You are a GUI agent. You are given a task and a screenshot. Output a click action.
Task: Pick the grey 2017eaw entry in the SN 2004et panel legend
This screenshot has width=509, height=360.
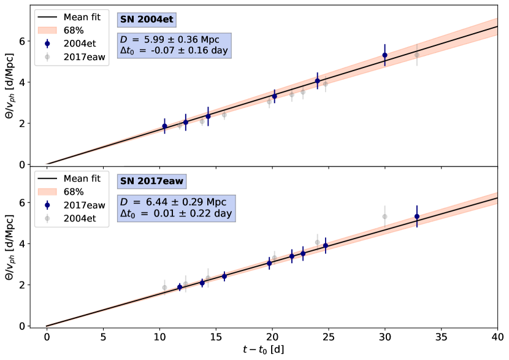pos(71,57)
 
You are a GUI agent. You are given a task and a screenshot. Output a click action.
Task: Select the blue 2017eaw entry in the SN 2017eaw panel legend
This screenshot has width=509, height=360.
pos(71,205)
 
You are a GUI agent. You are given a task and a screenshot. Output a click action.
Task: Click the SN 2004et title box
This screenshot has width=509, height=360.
pos(147,20)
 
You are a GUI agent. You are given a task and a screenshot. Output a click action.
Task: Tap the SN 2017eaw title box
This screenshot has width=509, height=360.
pos(151,181)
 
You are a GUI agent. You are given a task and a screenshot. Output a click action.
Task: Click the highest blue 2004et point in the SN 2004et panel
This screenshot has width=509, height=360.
pos(385,55)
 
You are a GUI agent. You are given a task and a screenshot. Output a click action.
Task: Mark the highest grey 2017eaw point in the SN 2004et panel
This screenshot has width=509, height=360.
pos(417,55)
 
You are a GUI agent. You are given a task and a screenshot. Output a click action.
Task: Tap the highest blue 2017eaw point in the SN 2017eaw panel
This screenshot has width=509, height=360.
pos(417,216)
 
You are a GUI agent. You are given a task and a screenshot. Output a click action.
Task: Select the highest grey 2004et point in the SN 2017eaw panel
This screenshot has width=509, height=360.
pos(385,216)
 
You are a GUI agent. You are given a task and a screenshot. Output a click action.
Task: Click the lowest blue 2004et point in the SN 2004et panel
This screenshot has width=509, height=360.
pos(164,126)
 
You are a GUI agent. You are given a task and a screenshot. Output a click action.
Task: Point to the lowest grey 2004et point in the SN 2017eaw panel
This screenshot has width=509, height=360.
pos(164,287)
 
